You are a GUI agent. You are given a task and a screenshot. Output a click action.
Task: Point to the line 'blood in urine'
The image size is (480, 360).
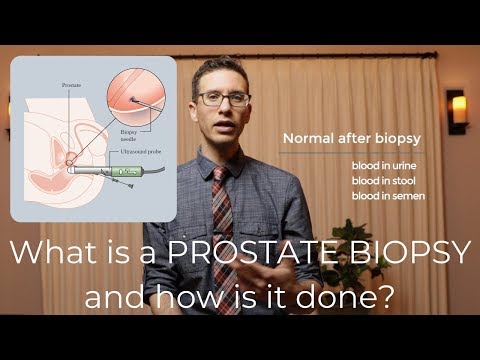click(x=382, y=165)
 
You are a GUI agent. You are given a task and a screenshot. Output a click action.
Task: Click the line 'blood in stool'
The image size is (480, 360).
click(x=382, y=180)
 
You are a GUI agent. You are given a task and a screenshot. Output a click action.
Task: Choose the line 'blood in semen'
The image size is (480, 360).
click(x=384, y=196)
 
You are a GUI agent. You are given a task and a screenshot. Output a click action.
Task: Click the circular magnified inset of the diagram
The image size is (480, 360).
click(x=139, y=98)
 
